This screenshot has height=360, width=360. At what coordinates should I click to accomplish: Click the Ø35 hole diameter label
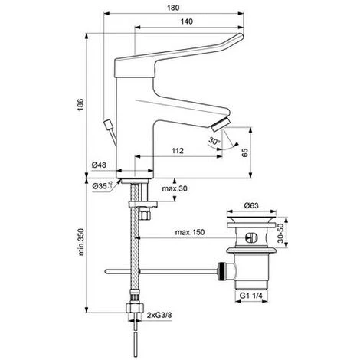[97, 184]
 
